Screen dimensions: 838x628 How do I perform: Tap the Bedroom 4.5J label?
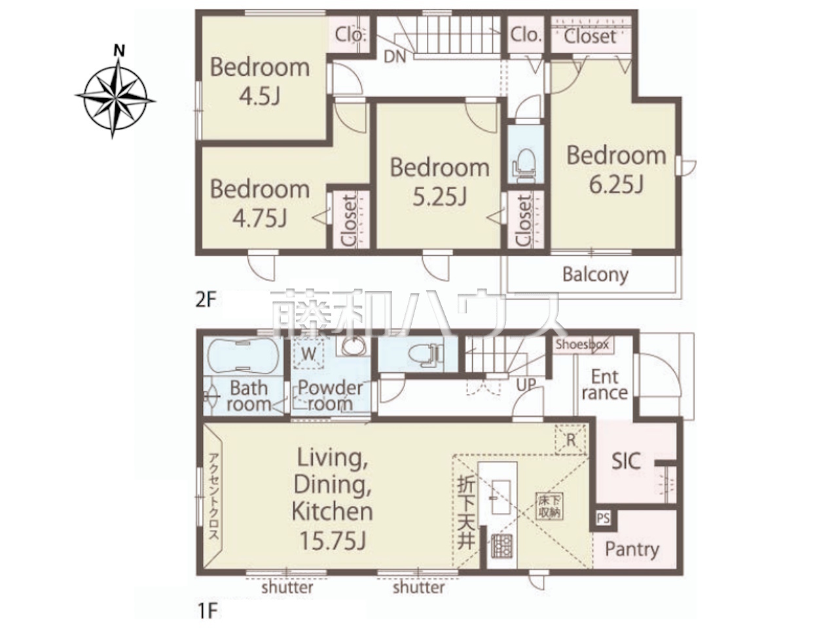coord(260,81)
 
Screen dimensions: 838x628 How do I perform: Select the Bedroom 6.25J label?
coord(616,169)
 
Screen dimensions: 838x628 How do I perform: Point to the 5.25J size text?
coord(440,197)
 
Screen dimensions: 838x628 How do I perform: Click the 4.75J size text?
coord(260,219)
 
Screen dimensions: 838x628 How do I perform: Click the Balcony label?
coord(595,275)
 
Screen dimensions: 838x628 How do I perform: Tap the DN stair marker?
coord(394,57)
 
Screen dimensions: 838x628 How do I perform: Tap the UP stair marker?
coord(526,385)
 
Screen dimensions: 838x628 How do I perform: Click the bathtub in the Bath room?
coord(243,356)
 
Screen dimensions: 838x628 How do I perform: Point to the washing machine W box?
coord(308,355)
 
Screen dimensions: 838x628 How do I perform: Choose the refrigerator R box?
coord(570,440)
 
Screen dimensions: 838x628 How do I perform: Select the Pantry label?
coord(632,550)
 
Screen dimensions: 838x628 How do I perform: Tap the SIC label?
coord(626,461)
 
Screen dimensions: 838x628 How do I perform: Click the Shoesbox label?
coord(582,345)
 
